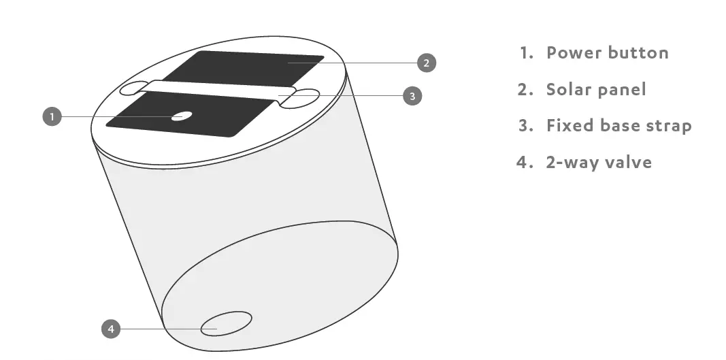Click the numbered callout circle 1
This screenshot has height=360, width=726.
click(52, 117)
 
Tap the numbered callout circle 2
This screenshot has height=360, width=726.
click(426, 63)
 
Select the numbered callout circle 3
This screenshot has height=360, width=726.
click(412, 96)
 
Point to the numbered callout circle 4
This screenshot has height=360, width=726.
click(111, 329)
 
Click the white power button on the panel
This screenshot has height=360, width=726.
click(180, 116)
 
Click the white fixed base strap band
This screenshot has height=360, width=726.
click(218, 91)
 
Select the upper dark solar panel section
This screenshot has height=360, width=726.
click(252, 68)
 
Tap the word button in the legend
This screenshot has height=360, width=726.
click(638, 52)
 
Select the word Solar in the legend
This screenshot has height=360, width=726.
click(569, 89)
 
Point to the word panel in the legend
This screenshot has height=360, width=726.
click(622, 89)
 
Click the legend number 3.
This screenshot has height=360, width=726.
click(523, 126)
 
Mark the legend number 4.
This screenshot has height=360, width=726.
click(522, 162)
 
